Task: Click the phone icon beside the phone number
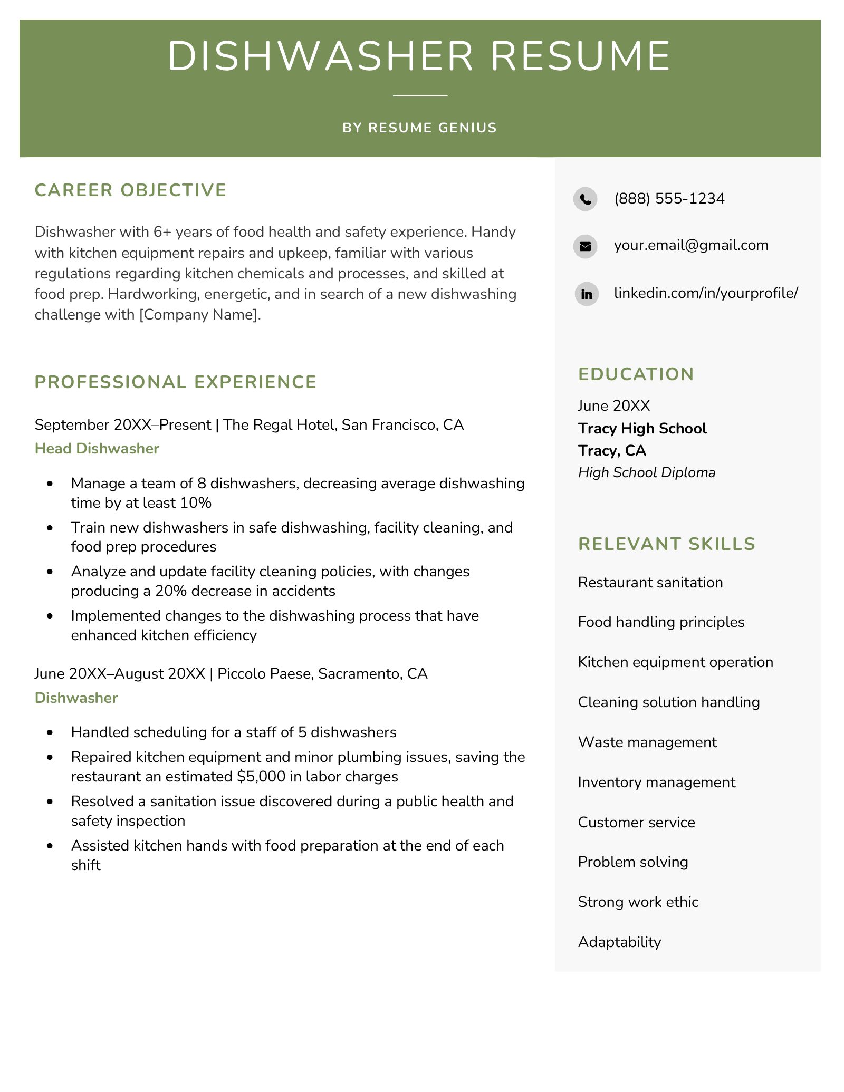pos(585,199)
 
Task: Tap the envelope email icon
pos(585,246)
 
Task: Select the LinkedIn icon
pos(586,294)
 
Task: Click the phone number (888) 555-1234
pos(669,199)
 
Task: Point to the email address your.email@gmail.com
pos(690,245)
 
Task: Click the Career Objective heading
pos(130,190)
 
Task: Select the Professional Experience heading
pos(175,382)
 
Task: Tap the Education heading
pos(636,374)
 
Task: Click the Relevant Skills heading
pos(666,544)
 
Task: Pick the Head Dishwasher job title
pos(97,448)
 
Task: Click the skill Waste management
pos(647,742)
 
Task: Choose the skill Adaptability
pos(619,942)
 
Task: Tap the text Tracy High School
pos(642,428)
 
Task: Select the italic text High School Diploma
pos(646,472)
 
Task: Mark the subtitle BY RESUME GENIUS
pos(419,128)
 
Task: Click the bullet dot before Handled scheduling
pos(50,732)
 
